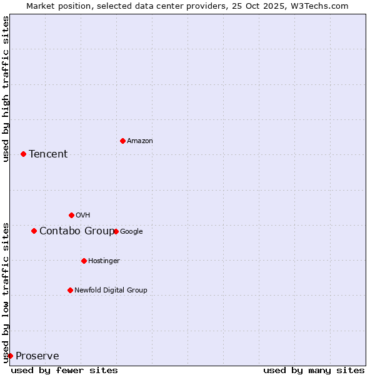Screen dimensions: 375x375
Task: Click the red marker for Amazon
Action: [x=122, y=141]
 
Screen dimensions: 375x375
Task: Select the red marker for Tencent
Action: [x=23, y=154]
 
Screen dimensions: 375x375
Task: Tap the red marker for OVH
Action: [x=71, y=215]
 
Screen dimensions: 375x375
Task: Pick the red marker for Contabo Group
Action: [x=34, y=231]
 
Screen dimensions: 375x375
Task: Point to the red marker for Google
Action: [x=116, y=231]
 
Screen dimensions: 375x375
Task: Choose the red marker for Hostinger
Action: [x=84, y=261]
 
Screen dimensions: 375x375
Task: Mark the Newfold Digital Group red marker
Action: [x=70, y=290]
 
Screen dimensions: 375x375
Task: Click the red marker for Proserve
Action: [x=10, y=356]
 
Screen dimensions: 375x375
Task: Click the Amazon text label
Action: [x=140, y=141]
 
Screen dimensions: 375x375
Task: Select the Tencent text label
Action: [x=48, y=154]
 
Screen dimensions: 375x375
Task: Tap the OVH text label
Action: [x=83, y=216]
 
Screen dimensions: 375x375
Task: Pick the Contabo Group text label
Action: [x=76, y=231]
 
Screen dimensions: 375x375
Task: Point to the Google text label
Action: [x=131, y=232]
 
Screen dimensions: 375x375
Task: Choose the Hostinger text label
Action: [x=104, y=261]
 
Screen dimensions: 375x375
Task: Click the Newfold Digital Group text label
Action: [x=111, y=291]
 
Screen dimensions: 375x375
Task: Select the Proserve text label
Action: [x=37, y=356]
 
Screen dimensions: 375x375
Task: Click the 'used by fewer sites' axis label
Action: [x=64, y=370]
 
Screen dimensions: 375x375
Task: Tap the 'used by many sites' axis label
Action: [x=314, y=370]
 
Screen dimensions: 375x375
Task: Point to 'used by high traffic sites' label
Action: [x=6, y=89]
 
